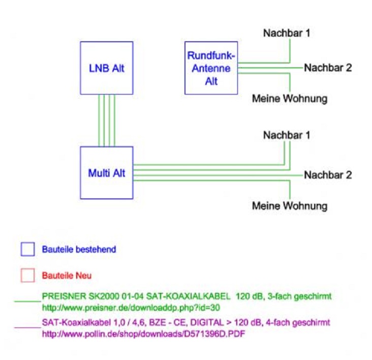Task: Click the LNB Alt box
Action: coord(105,68)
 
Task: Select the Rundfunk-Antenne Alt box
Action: coord(211,68)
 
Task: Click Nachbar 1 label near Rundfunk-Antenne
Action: coord(286,34)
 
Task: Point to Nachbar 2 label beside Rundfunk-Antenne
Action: coord(328,68)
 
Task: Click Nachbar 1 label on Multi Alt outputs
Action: coord(286,135)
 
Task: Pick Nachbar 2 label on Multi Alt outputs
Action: coord(328,175)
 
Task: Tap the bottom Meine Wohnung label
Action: coord(290,206)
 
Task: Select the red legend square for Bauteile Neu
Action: coord(28,275)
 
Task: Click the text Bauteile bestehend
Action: coord(79,250)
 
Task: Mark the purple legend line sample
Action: coord(27,328)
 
